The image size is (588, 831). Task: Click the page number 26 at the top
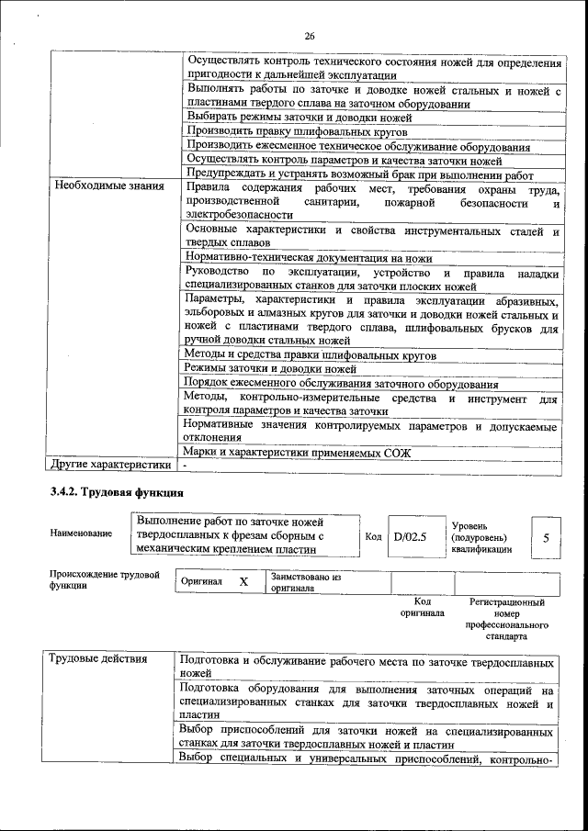(x=309, y=36)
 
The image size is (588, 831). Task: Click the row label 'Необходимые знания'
(x=108, y=186)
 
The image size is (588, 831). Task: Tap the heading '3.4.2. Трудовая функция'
(x=111, y=494)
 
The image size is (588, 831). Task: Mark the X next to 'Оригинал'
(x=243, y=582)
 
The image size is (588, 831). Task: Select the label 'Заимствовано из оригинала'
(x=305, y=582)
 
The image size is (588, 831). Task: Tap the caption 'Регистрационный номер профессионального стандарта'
(x=506, y=619)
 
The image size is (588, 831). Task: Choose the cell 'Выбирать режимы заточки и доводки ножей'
(x=299, y=118)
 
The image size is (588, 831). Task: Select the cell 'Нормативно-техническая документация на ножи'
(x=308, y=258)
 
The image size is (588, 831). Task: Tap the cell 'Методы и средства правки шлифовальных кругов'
(x=310, y=354)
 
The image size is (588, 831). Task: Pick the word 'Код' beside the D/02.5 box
(x=373, y=537)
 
